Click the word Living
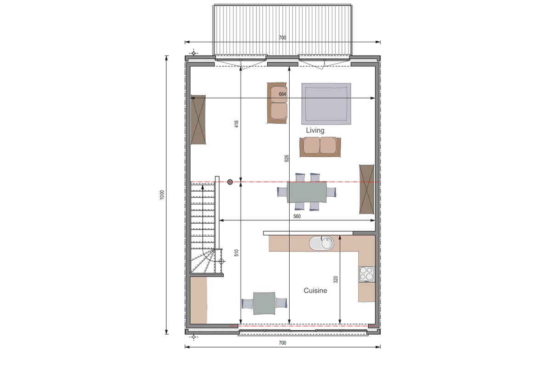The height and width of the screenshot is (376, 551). (315, 130)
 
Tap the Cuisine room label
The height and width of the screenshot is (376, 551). (315, 291)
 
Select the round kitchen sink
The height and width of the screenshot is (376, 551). (321, 243)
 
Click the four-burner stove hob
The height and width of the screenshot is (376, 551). (366, 274)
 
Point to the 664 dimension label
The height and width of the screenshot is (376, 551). (282, 94)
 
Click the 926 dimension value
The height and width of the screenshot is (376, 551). (287, 158)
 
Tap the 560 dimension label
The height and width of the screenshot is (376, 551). (297, 216)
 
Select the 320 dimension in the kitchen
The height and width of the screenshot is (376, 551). (336, 280)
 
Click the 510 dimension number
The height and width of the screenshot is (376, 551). (236, 253)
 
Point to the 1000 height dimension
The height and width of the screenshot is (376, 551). (162, 195)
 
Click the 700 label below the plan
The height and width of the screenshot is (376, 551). (282, 343)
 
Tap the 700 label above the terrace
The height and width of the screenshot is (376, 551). (282, 38)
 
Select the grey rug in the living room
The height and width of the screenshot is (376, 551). (326, 104)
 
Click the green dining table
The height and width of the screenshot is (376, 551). (307, 192)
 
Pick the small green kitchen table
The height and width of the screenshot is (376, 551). (264, 303)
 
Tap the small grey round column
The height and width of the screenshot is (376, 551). (230, 182)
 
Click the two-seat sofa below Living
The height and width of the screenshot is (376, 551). (320, 147)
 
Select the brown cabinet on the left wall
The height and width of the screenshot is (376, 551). (198, 120)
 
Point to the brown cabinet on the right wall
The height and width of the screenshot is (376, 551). (366, 189)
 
